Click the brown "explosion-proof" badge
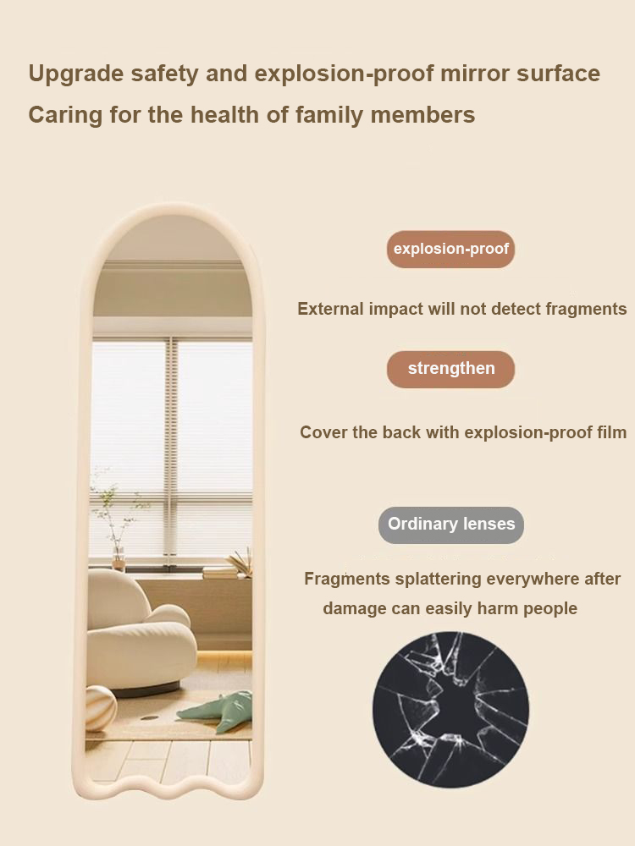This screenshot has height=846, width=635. pos(450,249)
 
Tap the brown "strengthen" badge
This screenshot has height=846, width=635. pos(450,369)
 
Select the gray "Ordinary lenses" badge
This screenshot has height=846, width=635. pos(451,525)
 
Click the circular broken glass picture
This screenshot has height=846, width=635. pos(450,710)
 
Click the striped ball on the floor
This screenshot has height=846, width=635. pos(101,707)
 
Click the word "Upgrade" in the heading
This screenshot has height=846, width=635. pos(75,74)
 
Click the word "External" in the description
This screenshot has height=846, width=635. pos(330,309)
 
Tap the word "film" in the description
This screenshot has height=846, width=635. pos(610,432)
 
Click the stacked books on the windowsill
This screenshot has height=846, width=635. pos(220,573)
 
